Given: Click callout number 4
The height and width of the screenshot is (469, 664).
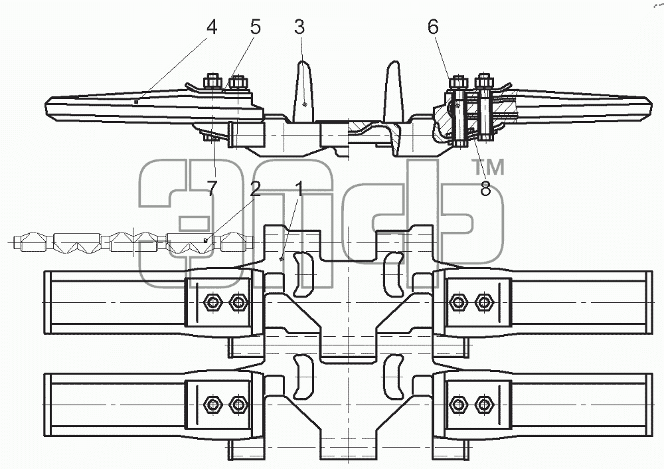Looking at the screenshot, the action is click(212, 27).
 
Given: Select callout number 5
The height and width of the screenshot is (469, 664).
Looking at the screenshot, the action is click(255, 27).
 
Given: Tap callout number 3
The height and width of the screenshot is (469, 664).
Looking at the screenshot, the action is click(299, 27).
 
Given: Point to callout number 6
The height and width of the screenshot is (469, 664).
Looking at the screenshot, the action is click(433, 27).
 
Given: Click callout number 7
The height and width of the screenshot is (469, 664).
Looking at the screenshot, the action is click(212, 188).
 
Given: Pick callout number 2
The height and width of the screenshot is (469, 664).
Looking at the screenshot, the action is click(255, 189).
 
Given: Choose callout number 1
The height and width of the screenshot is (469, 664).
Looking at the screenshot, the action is click(299, 189).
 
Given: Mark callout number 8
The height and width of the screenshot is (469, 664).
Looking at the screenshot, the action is click(485, 189).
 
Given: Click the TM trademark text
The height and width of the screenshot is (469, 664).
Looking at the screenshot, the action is click(488, 167).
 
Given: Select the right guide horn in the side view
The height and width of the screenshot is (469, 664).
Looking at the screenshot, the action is click(392, 92).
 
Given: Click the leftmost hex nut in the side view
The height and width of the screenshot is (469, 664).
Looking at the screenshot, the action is click(212, 81).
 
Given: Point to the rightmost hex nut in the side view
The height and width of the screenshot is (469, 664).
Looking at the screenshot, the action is click(483, 80).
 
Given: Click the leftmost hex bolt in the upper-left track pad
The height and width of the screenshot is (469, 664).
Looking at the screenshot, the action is click(212, 302).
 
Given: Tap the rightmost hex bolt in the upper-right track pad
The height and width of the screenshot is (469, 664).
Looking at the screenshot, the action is click(483, 302).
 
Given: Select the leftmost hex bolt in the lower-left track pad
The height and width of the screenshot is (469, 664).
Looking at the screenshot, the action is click(212, 405).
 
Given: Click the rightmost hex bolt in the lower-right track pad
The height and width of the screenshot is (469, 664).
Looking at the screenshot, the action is click(483, 405).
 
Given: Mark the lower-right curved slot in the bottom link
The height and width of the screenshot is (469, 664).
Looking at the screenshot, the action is click(393, 377).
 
